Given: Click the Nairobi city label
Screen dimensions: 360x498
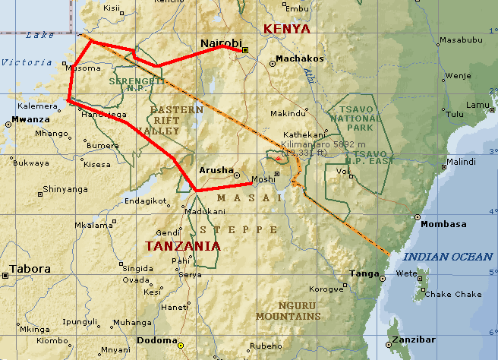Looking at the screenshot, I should point(220,43).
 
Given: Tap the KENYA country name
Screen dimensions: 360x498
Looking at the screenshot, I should point(286,29).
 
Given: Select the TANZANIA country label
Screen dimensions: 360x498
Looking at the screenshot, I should point(183,246).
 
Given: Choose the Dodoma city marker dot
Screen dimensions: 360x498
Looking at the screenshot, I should point(181,346).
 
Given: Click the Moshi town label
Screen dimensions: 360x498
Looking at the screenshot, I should point(263,179).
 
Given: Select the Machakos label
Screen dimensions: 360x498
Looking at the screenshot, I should point(300,58).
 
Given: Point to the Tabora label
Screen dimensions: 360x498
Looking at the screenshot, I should point(30,269).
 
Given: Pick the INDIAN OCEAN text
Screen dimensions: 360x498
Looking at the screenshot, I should point(447,257).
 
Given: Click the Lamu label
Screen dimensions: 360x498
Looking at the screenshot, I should point(478,105).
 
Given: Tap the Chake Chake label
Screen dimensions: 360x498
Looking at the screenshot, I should point(452,295).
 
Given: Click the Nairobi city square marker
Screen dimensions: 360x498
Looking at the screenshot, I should point(245,50).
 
